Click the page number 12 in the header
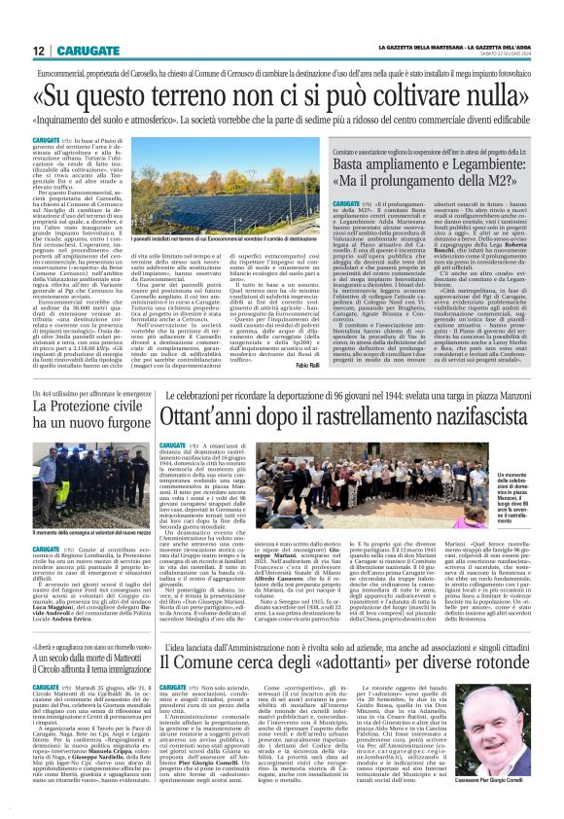(x=38, y=51)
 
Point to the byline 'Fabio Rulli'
(x=307, y=365)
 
